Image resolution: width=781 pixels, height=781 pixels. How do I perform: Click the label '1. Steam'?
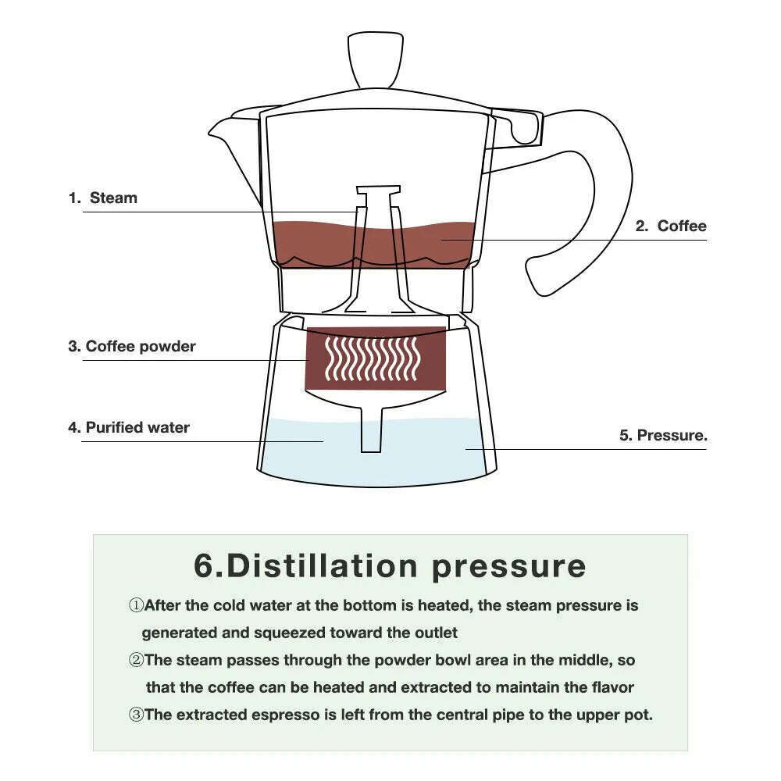click(103, 198)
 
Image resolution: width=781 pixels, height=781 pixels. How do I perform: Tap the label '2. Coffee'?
click(670, 226)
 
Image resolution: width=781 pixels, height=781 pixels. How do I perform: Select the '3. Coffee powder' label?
click(131, 346)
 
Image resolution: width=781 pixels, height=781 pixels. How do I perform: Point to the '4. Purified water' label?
click(128, 427)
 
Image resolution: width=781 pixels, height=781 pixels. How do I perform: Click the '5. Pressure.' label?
click(663, 435)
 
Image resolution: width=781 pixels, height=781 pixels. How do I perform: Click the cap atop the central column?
click(378, 191)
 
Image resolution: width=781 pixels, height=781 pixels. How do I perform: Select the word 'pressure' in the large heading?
click(508, 565)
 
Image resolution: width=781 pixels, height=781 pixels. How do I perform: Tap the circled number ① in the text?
click(136, 605)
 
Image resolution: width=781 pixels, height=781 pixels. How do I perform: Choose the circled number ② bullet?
click(136, 660)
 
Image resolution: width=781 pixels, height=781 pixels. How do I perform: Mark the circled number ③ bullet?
click(136, 715)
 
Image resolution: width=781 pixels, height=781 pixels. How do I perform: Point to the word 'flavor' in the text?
click(611, 687)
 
